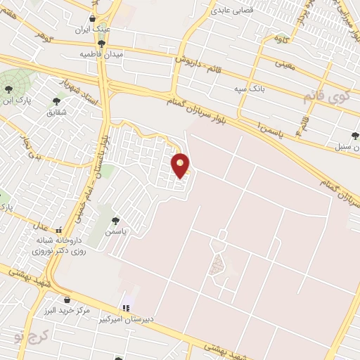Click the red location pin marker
point(181,165)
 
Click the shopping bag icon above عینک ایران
point(94,18)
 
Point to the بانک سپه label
point(250,89)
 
